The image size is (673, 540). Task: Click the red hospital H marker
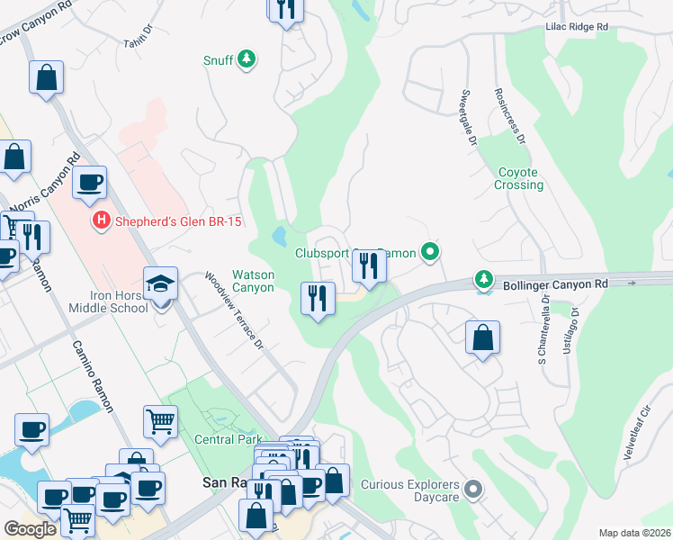pyautogui.click(x=102, y=220)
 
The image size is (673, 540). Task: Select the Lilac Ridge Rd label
pyautogui.click(x=577, y=28)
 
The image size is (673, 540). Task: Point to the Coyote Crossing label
pyautogui.click(x=518, y=178)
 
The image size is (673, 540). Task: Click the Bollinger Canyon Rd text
pyautogui.click(x=555, y=283)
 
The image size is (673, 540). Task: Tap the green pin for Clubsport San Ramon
pyautogui.click(x=431, y=253)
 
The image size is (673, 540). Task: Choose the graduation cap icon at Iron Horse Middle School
pyautogui.click(x=161, y=284)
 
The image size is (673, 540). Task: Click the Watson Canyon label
pyautogui.click(x=253, y=281)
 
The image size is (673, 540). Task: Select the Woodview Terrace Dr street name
pyautogui.click(x=233, y=310)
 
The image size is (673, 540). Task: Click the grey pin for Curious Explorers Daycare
pyautogui.click(x=473, y=490)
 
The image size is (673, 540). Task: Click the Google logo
pyautogui.click(x=30, y=528)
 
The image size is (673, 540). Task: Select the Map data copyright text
pyautogui.click(x=634, y=533)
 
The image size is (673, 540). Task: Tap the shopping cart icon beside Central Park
pyautogui.click(x=160, y=420)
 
